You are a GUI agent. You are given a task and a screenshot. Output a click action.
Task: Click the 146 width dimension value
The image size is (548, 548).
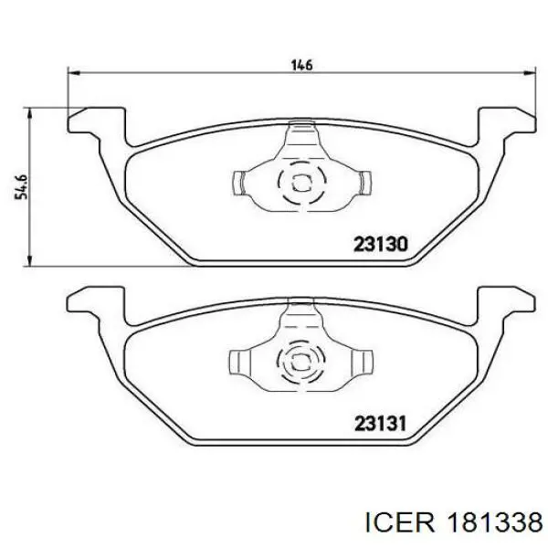coord(301,64)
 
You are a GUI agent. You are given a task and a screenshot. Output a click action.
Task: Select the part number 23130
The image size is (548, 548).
coord(381,245)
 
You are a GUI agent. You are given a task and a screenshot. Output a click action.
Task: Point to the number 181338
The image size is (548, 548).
coord(494,521)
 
